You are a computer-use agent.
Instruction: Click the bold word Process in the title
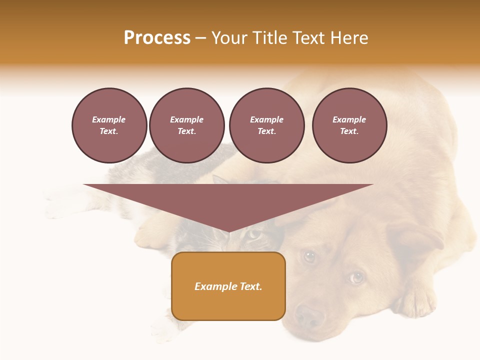(157, 38)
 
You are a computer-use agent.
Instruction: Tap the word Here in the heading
(348, 38)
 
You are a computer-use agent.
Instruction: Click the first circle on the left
(109, 125)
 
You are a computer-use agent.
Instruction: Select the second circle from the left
(187, 125)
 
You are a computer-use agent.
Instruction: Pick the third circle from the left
(266, 125)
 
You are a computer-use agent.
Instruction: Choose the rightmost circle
(349, 125)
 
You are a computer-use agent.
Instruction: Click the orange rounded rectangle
(228, 286)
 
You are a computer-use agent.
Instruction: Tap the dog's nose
(309, 315)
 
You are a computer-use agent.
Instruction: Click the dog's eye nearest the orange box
(309, 256)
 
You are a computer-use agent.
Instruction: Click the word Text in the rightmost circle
(349, 131)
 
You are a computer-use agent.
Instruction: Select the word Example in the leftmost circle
(109, 120)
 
